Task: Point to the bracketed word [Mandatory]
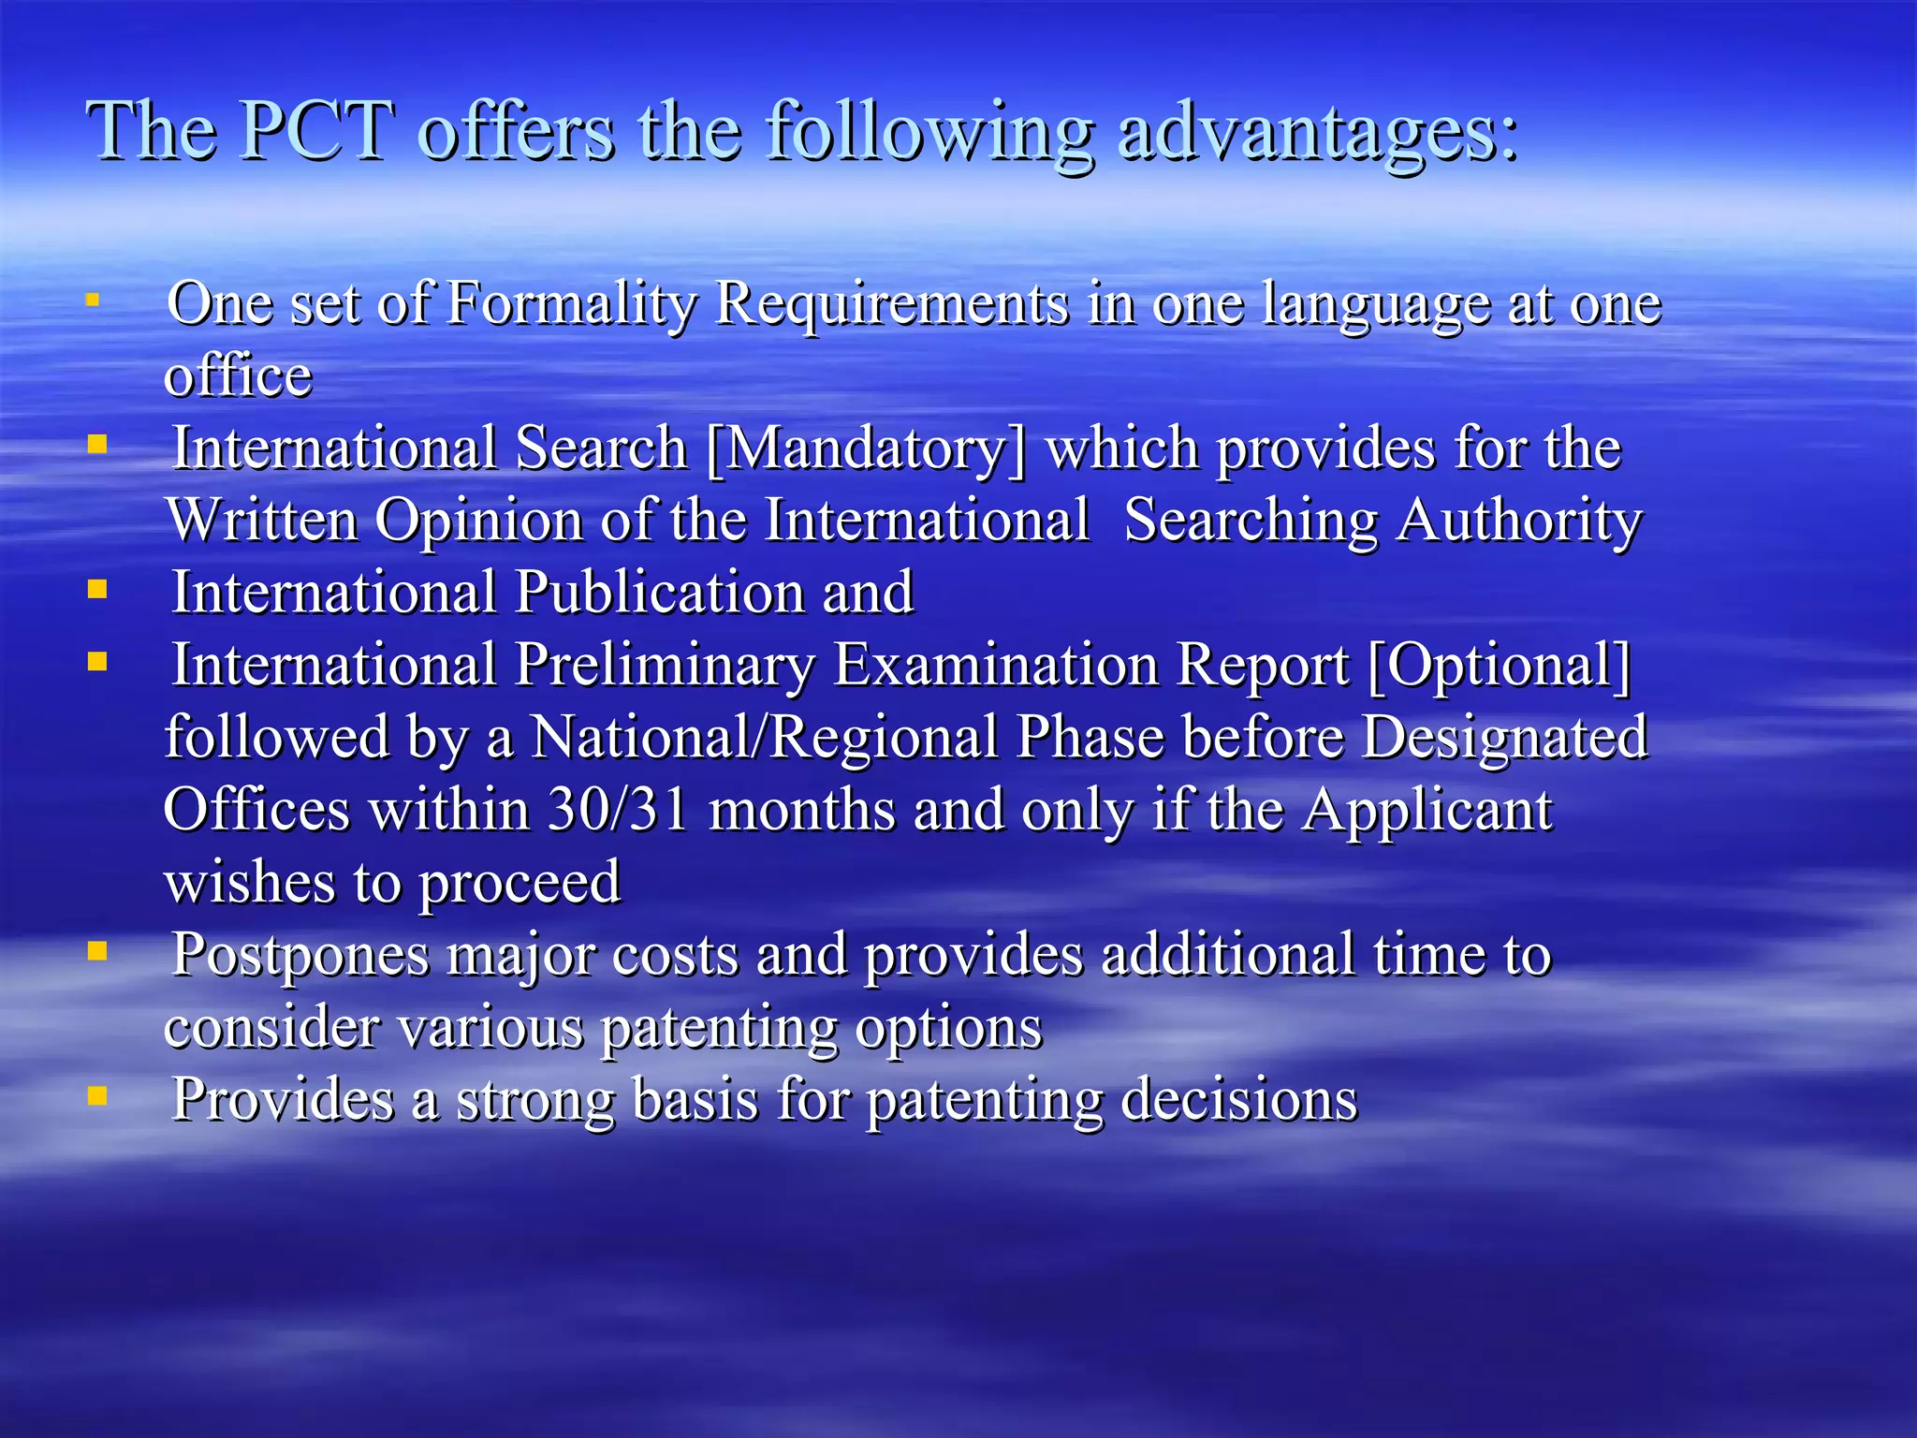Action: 866,449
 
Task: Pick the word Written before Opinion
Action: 262,521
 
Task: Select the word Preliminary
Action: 665,666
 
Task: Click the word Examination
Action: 995,666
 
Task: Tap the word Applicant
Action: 1427,810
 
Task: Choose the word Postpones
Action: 300,957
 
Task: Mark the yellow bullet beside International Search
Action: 97,444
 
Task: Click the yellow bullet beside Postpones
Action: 97,951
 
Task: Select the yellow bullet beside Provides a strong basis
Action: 97,1095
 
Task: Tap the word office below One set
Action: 238,377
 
